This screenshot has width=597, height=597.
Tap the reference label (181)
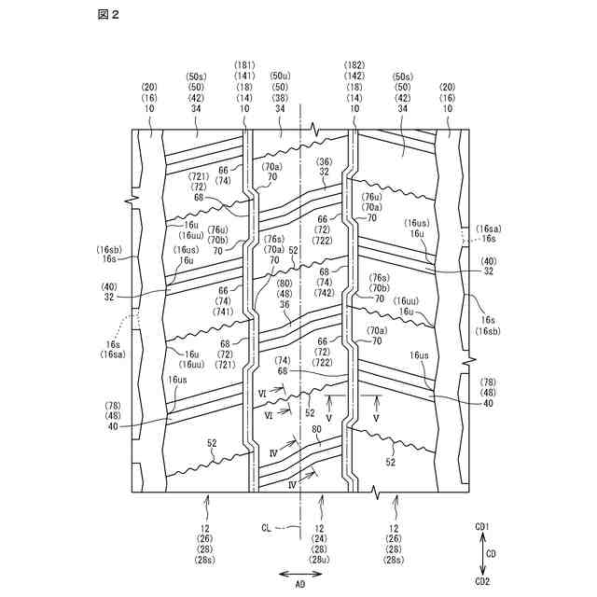click(244, 64)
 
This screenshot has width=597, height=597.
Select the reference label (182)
click(354, 64)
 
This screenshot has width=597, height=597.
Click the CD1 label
click(482, 527)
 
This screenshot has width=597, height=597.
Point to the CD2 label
click(482, 580)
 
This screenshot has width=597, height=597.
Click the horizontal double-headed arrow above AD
click(299, 571)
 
